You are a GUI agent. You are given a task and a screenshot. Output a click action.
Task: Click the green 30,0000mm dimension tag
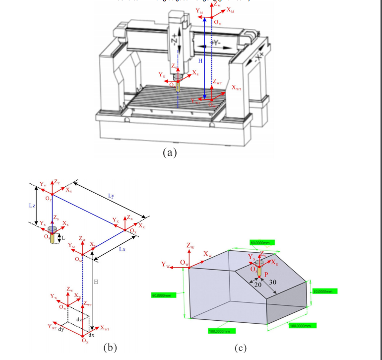click(325, 291)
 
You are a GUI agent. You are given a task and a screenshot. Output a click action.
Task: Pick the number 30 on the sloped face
click(272, 282)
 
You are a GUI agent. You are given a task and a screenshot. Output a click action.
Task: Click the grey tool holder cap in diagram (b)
click(52, 228)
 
